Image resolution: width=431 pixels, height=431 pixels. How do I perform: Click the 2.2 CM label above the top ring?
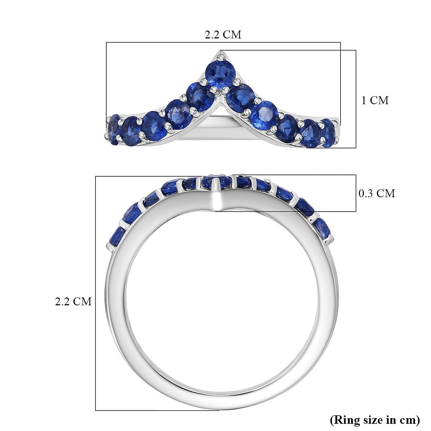pos(223,34)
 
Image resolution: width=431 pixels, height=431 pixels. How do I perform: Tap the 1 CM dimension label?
pos(375,100)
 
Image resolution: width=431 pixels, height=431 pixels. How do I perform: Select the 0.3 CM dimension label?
pos(377,194)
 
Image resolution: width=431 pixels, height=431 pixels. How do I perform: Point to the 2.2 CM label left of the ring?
pos(73,301)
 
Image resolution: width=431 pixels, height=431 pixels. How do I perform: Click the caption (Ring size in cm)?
pos(375,419)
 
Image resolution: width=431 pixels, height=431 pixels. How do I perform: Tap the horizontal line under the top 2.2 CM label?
pos(223,43)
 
